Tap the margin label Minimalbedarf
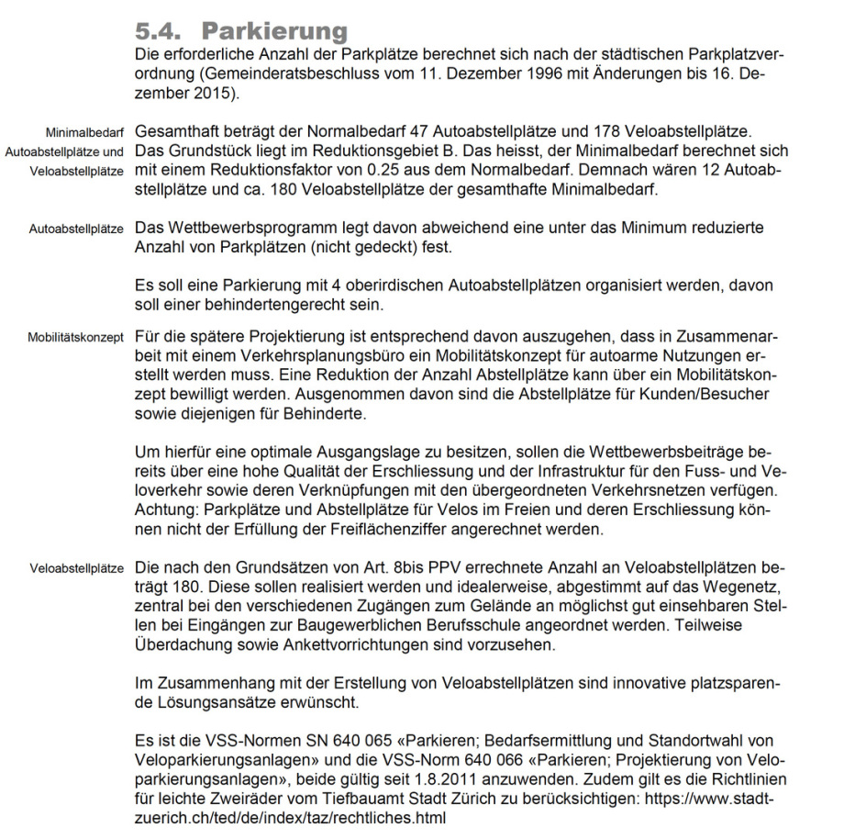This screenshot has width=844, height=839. click(x=85, y=133)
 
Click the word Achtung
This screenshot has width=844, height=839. click(x=163, y=510)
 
